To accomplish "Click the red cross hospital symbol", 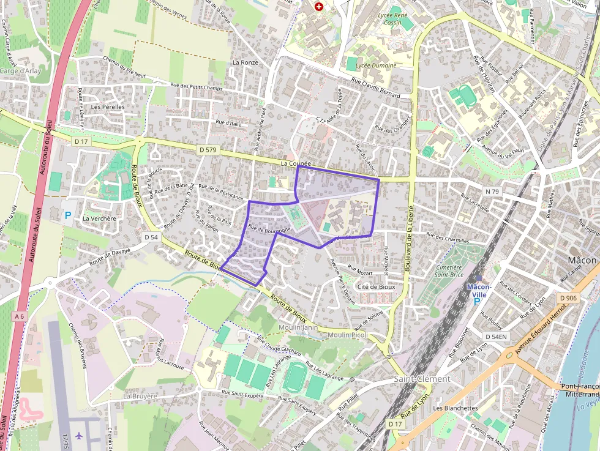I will click(x=318, y=6).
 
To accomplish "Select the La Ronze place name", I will click(x=245, y=62).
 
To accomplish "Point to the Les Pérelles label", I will click(x=108, y=106).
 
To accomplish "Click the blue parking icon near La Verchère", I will click(x=68, y=215).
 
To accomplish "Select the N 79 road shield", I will click(x=492, y=192).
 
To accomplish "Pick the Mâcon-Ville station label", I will click(x=479, y=291).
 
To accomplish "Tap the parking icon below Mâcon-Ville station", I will click(x=476, y=301).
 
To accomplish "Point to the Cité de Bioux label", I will click(x=376, y=286).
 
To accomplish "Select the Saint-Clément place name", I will click(x=421, y=379).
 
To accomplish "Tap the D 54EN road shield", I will click(x=496, y=337).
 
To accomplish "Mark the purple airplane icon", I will click(x=79, y=436).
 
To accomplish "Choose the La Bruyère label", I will click(x=140, y=396).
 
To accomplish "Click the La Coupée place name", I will click(x=296, y=164).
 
